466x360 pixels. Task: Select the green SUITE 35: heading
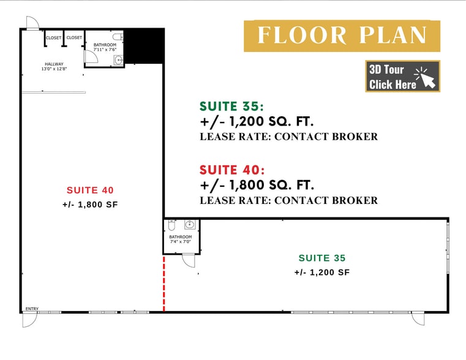tap(232, 107)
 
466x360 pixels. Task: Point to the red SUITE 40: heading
tap(232, 170)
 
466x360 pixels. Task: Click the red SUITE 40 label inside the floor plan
tap(90, 190)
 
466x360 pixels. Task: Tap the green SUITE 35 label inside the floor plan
tap(322, 258)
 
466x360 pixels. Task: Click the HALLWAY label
tap(54, 64)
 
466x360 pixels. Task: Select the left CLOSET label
tap(54, 38)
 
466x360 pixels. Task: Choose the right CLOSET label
tap(74, 38)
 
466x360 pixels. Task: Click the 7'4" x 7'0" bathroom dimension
tap(180, 242)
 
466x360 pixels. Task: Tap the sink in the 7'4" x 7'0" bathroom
tap(190, 225)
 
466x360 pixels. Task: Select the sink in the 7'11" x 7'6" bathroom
tap(119, 60)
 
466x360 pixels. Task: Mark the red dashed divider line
tap(163, 283)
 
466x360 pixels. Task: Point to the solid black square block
tap(145, 46)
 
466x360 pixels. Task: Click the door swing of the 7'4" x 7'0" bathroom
tap(189, 261)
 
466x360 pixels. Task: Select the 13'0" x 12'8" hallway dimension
tap(54, 69)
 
